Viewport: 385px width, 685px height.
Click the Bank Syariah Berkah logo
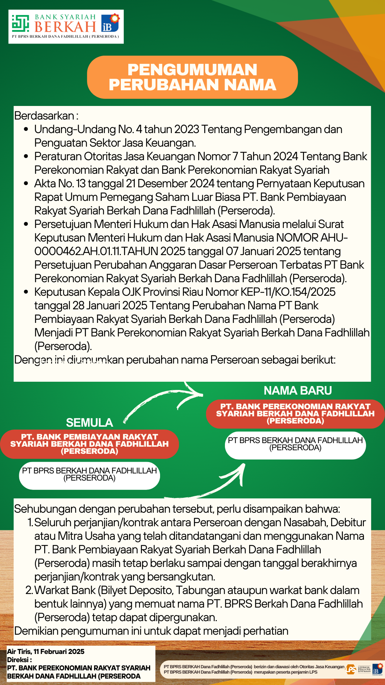coord(66,26)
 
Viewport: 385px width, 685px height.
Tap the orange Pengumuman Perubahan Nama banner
coord(192,77)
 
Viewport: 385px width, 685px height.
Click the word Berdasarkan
coord(44,116)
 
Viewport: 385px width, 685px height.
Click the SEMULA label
coord(89,423)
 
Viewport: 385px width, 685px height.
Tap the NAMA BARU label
coord(298,391)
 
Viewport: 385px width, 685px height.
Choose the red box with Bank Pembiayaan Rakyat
coord(89,444)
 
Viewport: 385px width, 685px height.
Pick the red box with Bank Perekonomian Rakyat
coord(296,413)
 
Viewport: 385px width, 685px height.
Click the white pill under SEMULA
coord(89,475)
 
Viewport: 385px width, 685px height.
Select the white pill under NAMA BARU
coord(296,445)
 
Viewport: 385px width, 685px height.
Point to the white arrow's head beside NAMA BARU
coord(198,394)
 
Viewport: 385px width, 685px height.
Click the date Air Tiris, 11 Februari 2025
coord(46,651)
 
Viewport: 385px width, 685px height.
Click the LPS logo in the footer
coord(351,669)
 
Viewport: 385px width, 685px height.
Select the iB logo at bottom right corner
coord(377,669)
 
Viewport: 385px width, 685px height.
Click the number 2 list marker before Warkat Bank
coord(29,590)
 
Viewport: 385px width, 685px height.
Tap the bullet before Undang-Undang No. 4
coord(26,129)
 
